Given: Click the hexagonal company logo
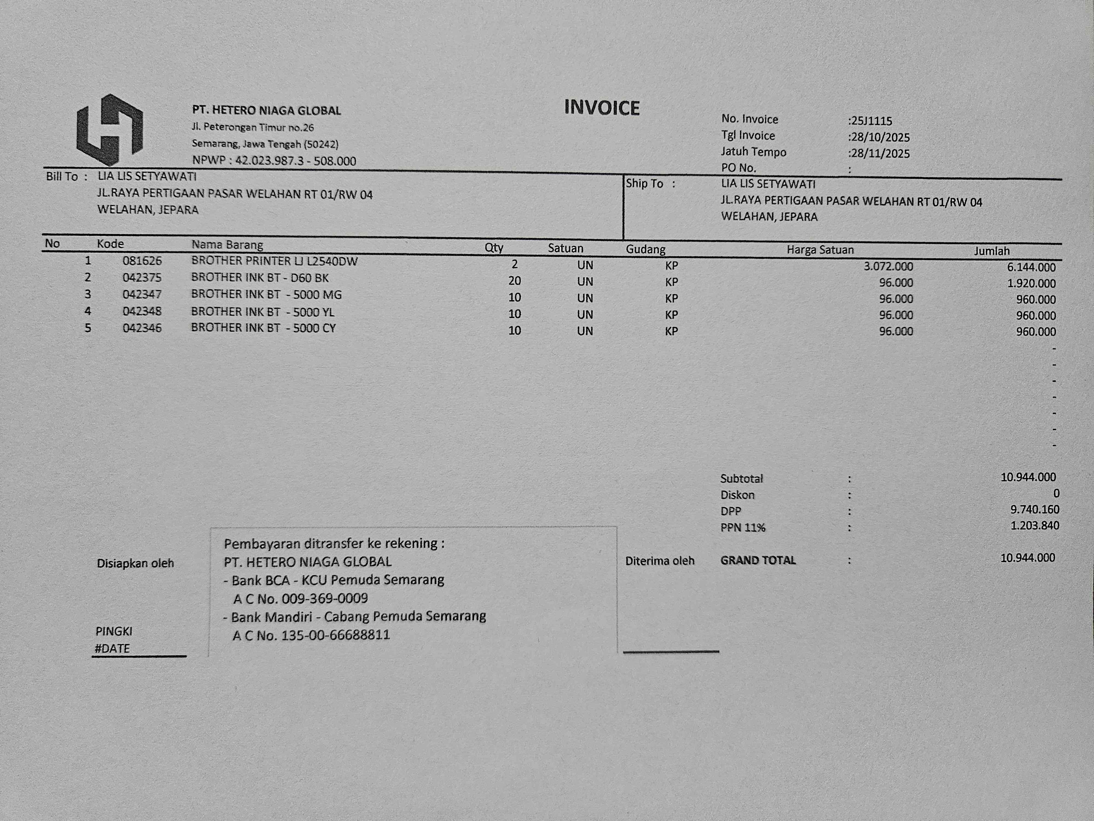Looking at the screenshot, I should tap(110, 130).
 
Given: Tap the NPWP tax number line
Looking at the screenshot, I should tap(274, 161).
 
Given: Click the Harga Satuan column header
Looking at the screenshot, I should tap(820, 250).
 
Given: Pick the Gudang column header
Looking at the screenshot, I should tap(645, 249).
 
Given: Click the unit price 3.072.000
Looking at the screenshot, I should tap(888, 266).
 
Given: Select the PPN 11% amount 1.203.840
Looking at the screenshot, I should tap(1035, 525).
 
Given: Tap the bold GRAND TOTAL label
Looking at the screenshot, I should tap(758, 560).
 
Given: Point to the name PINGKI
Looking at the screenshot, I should tap(114, 631).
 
